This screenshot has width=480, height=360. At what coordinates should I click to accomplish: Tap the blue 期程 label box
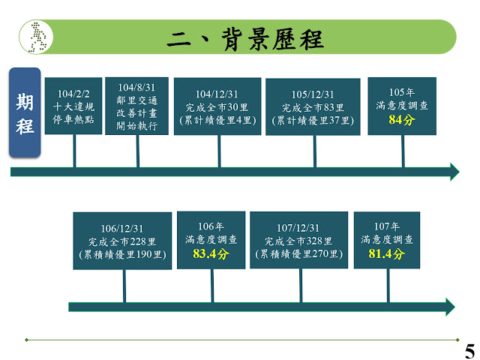(x=25, y=112)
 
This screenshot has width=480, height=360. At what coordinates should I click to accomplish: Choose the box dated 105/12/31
(x=312, y=106)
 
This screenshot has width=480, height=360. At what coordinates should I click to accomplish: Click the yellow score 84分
(x=402, y=119)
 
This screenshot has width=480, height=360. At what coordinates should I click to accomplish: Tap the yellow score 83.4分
(x=211, y=253)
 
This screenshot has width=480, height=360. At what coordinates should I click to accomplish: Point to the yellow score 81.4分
(x=387, y=253)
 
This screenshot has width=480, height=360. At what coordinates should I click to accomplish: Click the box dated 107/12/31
(x=298, y=241)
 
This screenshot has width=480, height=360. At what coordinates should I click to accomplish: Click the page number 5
(x=469, y=350)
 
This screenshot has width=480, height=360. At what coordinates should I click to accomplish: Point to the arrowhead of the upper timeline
(x=454, y=172)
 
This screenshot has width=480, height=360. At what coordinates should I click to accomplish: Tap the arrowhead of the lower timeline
(x=449, y=307)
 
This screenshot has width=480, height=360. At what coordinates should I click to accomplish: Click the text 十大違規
(x=73, y=106)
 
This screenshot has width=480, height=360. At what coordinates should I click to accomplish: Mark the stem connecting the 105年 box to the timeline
(x=403, y=150)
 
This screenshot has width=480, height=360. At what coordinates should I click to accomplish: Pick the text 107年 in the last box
(x=387, y=225)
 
